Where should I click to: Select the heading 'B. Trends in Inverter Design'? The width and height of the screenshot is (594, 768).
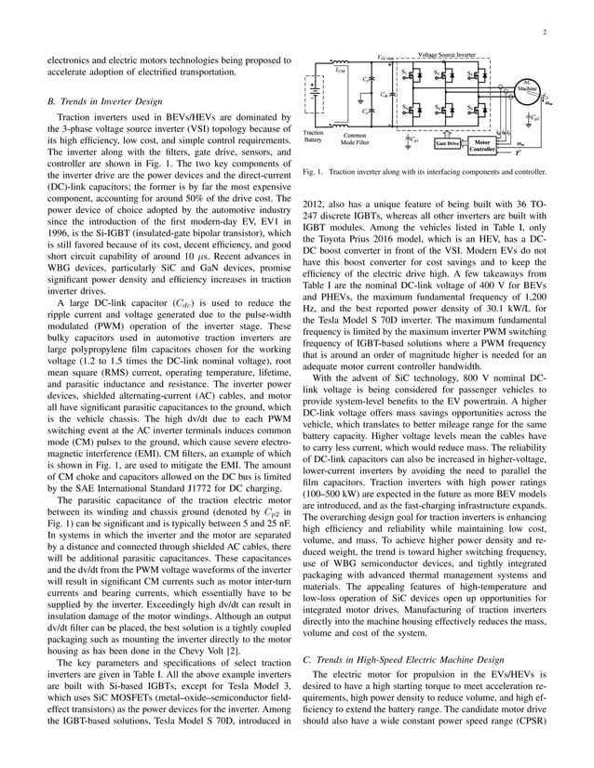point(107,99)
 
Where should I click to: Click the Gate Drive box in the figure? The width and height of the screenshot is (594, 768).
point(447,144)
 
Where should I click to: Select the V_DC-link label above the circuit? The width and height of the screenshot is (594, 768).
point(386,58)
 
